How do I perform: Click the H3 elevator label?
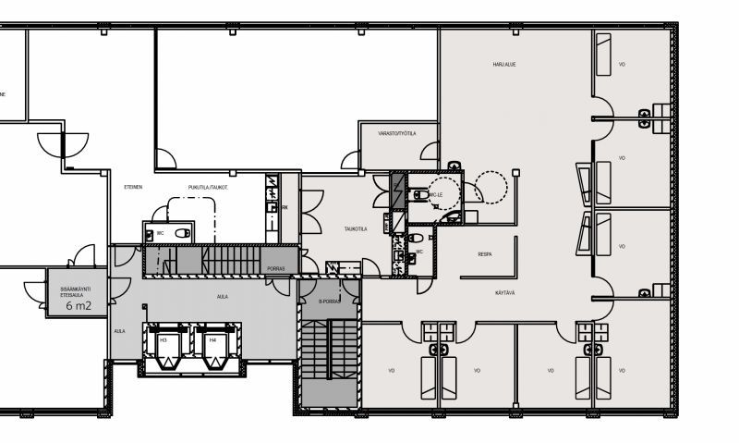(163, 339)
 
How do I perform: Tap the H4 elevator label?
(212, 339)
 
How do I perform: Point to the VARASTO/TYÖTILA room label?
(396, 133)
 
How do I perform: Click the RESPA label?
(485, 253)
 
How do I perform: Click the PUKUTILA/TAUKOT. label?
(208, 188)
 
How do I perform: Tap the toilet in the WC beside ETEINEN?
(179, 232)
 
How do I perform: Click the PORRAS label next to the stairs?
(275, 269)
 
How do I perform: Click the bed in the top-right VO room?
(603, 55)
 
